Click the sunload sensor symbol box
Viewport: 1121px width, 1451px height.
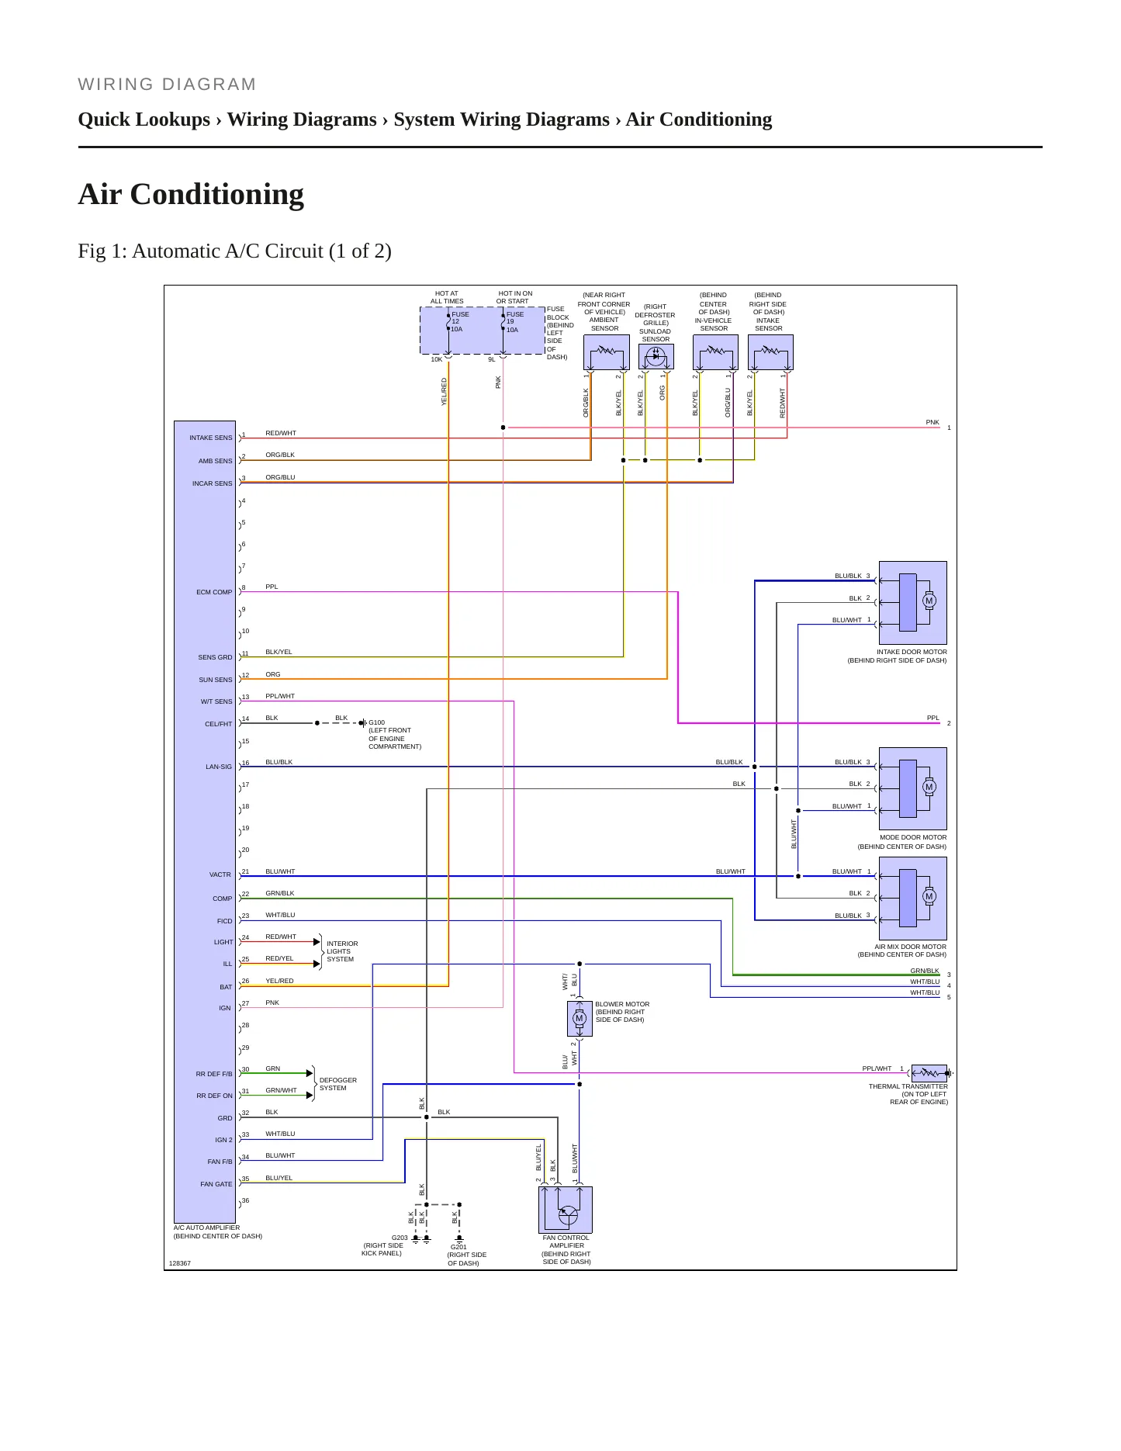pyautogui.click(x=656, y=356)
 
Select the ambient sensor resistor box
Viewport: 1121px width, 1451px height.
pyautogui.click(x=606, y=352)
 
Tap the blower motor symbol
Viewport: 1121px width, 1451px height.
pyautogui.click(x=580, y=1018)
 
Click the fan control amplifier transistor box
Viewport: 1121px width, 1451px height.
pyautogui.click(x=566, y=1210)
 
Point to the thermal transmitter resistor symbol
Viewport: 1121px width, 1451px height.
pyautogui.click(x=929, y=1074)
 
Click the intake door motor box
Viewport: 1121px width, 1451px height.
pyautogui.click(x=912, y=602)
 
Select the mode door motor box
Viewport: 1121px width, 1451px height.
pyautogui.click(x=912, y=788)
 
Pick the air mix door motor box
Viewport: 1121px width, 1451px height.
pyautogui.click(x=912, y=898)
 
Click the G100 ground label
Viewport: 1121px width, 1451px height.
pyautogui.click(x=377, y=722)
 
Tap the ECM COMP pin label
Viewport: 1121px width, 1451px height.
pyautogui.click(x=214, y=592)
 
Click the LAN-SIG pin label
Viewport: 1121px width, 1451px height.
pyautogui.click(x=219, y=767)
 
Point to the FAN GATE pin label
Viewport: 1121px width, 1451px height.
pyautogui.click(x=216, y=1184)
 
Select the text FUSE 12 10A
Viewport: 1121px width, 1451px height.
pyautogui.click(x=460, y=322)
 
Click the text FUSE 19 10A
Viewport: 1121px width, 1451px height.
pyautogui.click(x=515, y=322)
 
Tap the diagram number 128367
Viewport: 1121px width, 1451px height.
pyautogui.click(x=180, y=1263)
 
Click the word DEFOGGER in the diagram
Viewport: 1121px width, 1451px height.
pyautogui.click(x=338, y=1080)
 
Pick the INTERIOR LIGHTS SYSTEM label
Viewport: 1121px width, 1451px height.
pyautogui.click(x=342, y=951)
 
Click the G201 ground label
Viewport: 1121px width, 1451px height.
pyautogui.click(x=459, y=1247)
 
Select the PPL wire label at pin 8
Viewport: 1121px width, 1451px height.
pyautogui.click(x=272, y=587)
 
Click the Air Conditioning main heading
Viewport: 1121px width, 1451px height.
pyautogui.click(x=191, y=194)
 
